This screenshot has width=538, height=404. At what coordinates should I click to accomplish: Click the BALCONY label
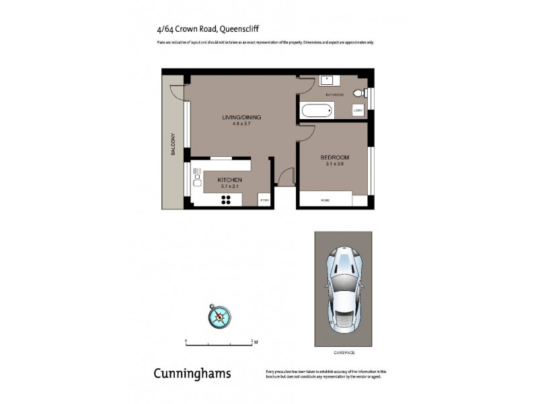coord(173,143)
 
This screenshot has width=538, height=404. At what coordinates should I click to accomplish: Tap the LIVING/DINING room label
coord(241,117)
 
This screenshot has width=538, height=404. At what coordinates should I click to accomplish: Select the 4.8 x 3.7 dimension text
coord(241,125)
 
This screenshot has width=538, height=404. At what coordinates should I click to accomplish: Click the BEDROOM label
coord(334,158)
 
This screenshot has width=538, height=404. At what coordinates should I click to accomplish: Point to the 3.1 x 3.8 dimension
coord(334,165)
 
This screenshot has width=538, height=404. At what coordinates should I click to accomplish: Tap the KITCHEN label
coord(229,180)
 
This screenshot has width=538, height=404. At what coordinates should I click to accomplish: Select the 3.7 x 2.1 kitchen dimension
coord(229,187)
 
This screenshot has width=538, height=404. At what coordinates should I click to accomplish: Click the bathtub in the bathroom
coord(317,110)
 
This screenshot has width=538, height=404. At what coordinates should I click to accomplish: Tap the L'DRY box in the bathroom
coord(358,110)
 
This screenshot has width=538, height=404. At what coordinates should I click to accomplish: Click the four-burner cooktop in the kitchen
coord(227,199)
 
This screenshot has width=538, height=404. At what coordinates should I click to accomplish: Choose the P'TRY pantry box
coord(264,200)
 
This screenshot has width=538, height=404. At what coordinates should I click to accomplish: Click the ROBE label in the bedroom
coord(325,200)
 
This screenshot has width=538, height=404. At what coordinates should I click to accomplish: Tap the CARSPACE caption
coord(343,353)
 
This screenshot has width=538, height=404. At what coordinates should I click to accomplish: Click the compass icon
coord(220,314)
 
